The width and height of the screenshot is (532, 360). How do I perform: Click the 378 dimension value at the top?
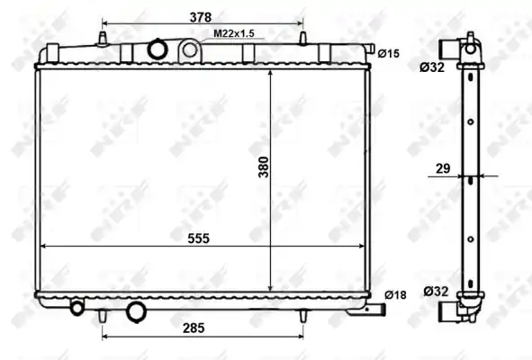pos(201,17)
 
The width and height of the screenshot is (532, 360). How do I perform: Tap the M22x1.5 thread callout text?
pos(234,33)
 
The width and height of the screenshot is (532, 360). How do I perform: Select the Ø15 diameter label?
pos(389,53)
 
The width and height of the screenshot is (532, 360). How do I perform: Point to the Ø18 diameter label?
pos(395,295)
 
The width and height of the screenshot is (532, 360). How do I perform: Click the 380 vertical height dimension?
pos(264,166)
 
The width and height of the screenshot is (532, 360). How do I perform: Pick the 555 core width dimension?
pos(198,238)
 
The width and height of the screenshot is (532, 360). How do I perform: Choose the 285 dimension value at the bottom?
pos(194,328)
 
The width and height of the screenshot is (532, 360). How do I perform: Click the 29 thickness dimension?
pos(443,168)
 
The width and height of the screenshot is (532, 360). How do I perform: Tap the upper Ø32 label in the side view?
pos(432,67)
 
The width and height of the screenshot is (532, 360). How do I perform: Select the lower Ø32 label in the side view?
pos(436,291)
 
